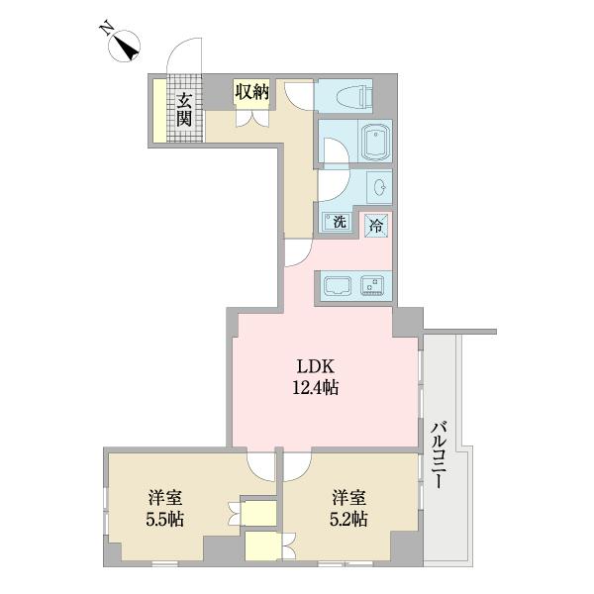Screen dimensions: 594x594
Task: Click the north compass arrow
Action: point(126,46)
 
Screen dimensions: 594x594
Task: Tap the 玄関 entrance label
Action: point(184,109)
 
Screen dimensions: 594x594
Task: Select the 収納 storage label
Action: point(251,92)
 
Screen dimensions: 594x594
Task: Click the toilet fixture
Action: point(352,97)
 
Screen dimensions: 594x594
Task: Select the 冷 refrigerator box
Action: point(375,224)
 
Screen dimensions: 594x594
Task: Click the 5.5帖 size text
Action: point(165,519)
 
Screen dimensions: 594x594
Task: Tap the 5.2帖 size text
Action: point(349,519)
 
